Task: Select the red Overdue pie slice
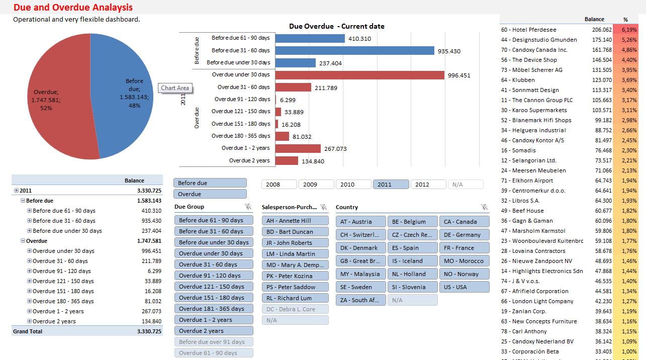click(55, 111)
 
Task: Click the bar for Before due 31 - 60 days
click(354, 50)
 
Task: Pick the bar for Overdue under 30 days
click(359, 75)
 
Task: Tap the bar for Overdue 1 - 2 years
click(298, 148)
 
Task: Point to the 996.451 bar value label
click(459, 75)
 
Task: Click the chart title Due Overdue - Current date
click(336, 26)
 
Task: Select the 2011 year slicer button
click(391, 185)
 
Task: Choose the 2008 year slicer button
click(279, 185)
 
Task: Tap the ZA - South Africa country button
click(360, 300)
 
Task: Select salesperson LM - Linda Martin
click(295, 254)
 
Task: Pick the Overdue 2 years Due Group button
click(214, 331)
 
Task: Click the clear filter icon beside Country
click(484, 207)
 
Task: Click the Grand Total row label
click(28, 331)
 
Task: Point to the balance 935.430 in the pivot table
click(151, 221)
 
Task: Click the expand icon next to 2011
click(17, 191)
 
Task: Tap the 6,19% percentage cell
click(629, 30)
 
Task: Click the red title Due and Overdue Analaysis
click(73, 8)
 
